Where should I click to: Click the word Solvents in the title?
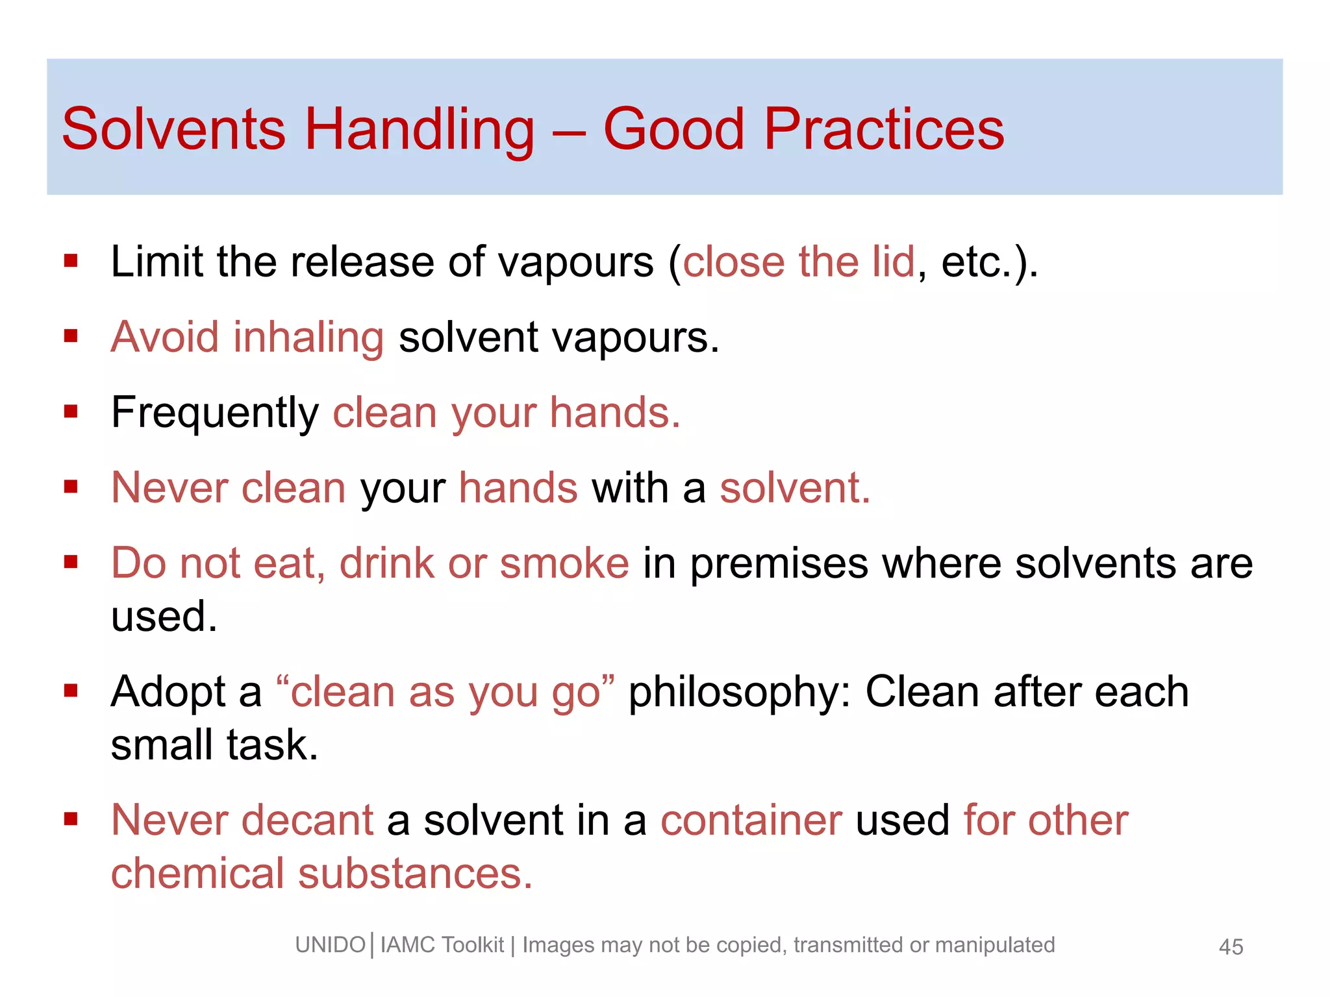pyautogui.click(x=173, y=129)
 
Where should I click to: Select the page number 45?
pyautogui.click(x=1231, y=947)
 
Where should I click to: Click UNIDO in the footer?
pyautogui.click(x=330, y=945)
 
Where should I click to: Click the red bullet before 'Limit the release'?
pyautogui.click(x=71, y=262)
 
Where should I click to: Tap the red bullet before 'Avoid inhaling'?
pyautogui.click(x=71, y=336)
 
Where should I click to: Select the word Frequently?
pyautogui.click(x=214, y=413)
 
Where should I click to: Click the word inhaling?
pyautogui.click(x=308, y=338)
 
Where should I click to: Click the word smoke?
pyautogui.click(x=564, y=563)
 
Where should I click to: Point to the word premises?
pyautogui.click(x=779, y=564)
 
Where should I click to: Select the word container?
pyautogui.click(x=751, y=820)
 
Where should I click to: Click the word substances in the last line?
pyautogui.click(x=415, y=874)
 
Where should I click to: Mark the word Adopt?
pyautogui.click(x=168, y=692)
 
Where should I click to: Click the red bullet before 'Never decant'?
pyautogui.click(x=71, y=819)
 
